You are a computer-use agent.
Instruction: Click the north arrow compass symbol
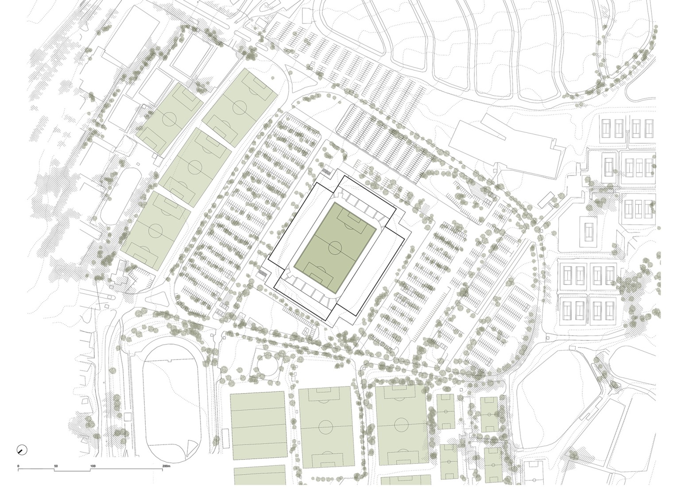point(22,450)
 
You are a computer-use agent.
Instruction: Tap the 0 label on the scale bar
point(18,466)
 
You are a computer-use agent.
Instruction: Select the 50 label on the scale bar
point(56,466)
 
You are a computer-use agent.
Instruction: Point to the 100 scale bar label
point(93,466)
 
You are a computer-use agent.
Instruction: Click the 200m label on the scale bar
point(166,466)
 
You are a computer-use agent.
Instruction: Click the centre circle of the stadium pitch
point(335,247)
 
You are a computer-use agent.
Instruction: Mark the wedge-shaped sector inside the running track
point(192,447)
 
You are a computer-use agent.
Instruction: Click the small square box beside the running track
point(128,417)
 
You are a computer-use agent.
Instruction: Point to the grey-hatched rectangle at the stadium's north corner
point(327,170)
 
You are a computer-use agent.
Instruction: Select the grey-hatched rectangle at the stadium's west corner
point(263,275)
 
